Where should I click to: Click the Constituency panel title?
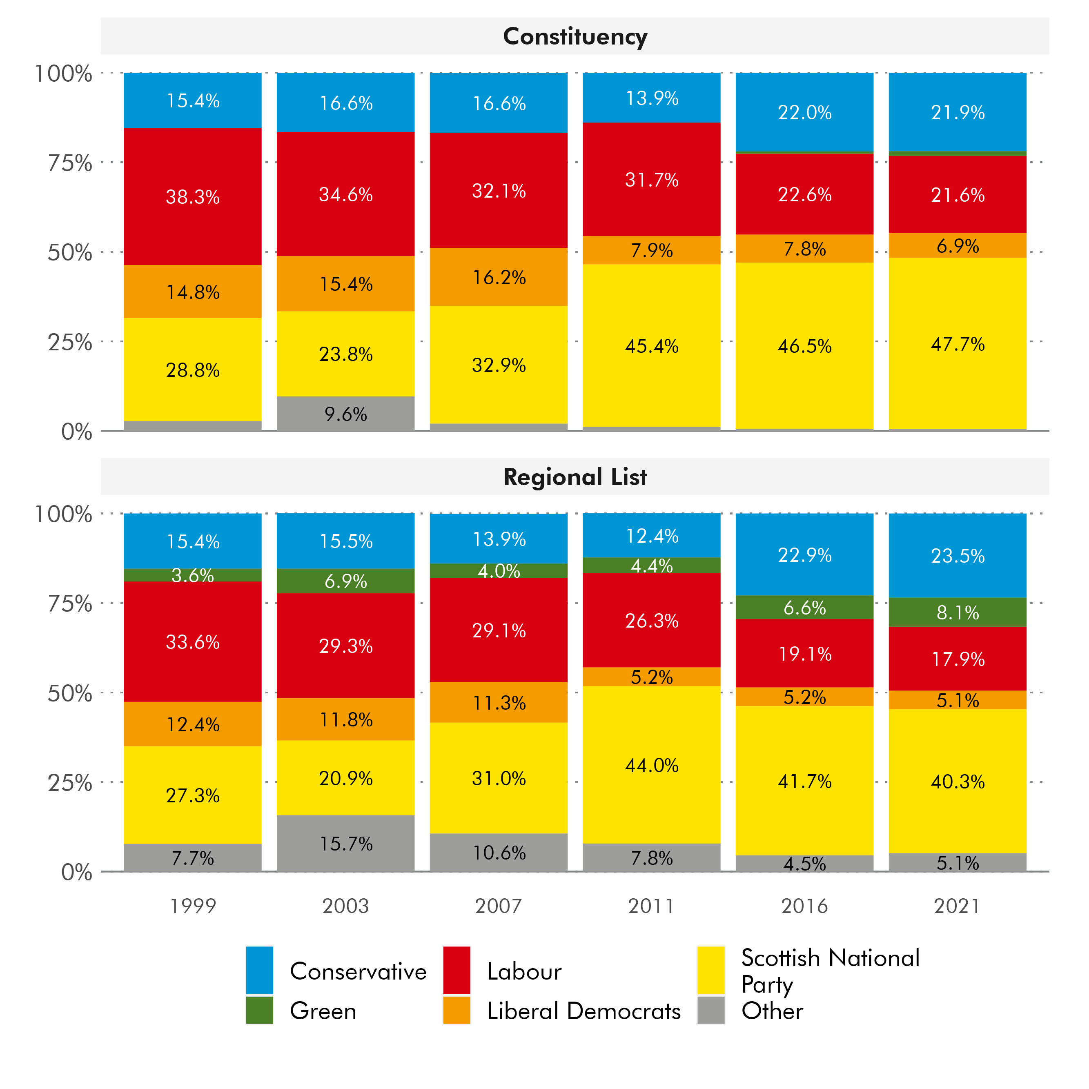(x=575, y=37)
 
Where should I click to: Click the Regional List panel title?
(x=575, y=477)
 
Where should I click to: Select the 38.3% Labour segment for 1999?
(x=192, y=197)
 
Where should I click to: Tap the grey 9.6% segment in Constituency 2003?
(x=345, y=414)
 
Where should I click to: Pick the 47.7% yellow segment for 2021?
(x=957, y=344)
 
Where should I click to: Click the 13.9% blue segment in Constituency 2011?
(x=652, y=98)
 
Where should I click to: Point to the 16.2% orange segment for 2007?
(x=499, y=277)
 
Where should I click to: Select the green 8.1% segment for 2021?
(x=957, y=612)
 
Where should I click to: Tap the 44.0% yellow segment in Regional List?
(x=652, y=765)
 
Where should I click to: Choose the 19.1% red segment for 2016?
(x=804, y=654)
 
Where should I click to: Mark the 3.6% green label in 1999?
(x=192, y=575)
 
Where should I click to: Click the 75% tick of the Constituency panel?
(x=70, y=163)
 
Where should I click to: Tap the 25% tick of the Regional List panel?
(x=70, y=782)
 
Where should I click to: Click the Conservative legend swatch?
(x=259, y=970)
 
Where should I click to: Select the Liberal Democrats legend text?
(x=583, y=1011)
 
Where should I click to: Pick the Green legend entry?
(x=323, y=1011)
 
